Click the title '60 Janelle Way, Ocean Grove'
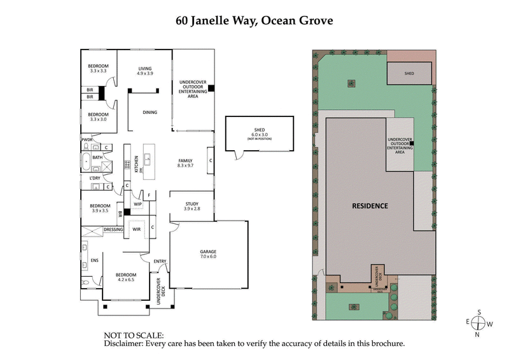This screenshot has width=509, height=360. (x=254, y=20)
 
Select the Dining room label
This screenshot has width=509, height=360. (x=150, y=113)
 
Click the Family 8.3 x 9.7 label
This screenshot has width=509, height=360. (x=185, y=163)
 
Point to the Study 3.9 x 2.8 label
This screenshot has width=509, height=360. (x=192, y=206)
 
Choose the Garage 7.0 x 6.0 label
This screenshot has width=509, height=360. (x=208, y=254)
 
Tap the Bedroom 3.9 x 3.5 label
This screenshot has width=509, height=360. (x=100, y=208)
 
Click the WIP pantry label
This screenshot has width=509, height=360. (x=137, y=204)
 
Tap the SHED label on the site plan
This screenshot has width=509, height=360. (x=409, y=74)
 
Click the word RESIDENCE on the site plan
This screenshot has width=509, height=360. (x=370, y=206)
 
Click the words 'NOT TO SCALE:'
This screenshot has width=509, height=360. (x=134, y=335)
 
